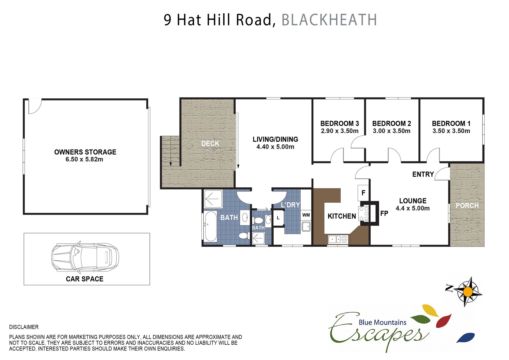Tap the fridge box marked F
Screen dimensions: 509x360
click(x=363, y=193)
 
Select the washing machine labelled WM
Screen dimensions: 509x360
click(x=306, y=215)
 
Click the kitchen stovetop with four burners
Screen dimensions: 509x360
click(x=364, y=214)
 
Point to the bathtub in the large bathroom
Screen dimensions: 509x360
click(x=211, y=226)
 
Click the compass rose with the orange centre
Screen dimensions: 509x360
click(x=468, y=292)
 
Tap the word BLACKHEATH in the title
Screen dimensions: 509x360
click(x=329, y=20)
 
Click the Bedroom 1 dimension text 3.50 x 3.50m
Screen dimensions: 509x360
click(x=451, y=131)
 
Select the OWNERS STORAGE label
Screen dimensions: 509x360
click(x=85, y=152)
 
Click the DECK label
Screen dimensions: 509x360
click(x=210, y=143)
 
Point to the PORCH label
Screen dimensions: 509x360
click(x=467, y=205)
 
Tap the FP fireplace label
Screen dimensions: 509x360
click(x=384, y=213)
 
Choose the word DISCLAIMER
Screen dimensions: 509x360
click(x=24, y=327)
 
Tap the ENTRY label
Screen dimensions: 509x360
click(x=423, y=174)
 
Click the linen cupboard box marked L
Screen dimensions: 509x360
click(x=278, y=218)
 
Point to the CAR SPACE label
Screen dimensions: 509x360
click(x=85, y=279)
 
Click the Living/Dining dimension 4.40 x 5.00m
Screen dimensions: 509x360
click(x=275, y=147)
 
